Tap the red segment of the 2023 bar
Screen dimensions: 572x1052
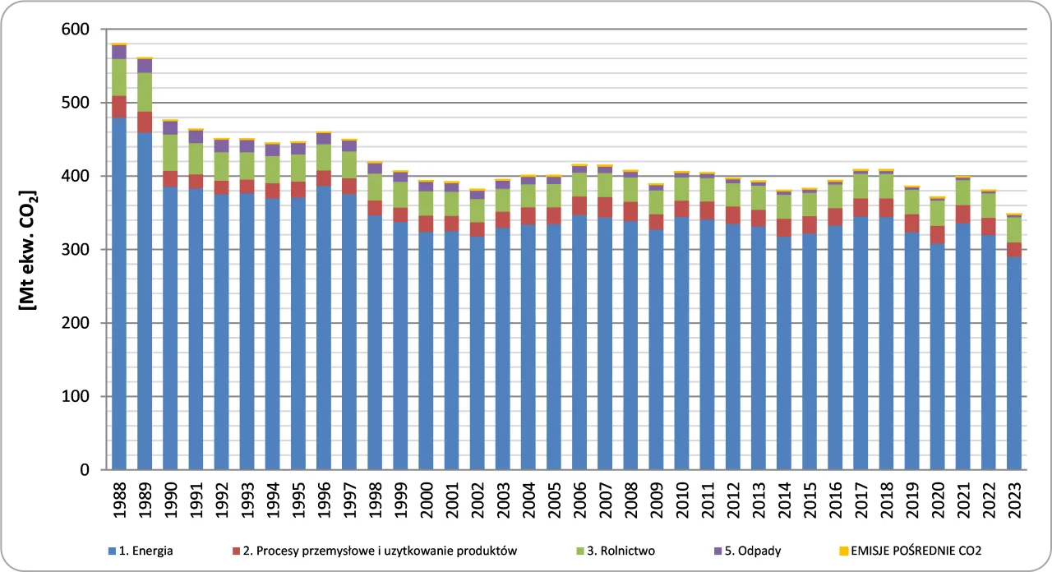(x=1014, y=249)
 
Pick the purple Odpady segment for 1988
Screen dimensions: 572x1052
(x=119, y=52)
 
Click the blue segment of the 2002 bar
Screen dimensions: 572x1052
(x=478, y=353)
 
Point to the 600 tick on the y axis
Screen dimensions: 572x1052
(x=84, y=30)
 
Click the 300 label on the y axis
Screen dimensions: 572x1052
(x=84, y=250)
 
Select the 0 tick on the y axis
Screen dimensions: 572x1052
(x=93, y=470)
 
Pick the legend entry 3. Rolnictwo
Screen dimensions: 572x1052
(x=620, y=551)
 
